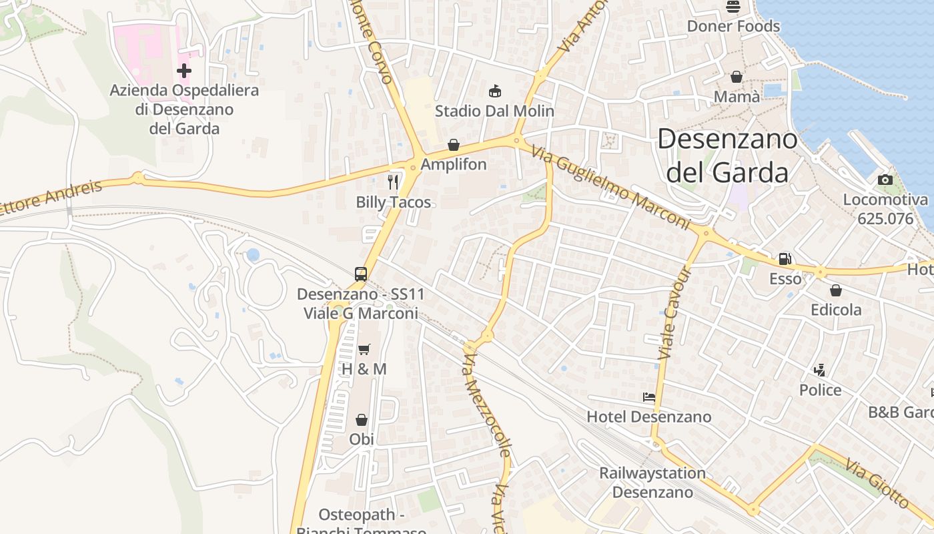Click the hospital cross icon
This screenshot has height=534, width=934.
pyautogui.click(x=184, y=70)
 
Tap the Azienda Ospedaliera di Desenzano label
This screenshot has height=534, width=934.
pyautogui.click(x=184, y=109)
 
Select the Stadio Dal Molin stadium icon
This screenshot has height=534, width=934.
pyautogui.click(x=494, y=91)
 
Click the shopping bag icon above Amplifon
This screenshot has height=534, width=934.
pyautogui.click(x=454, y=145)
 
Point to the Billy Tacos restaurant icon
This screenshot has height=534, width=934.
pyautogui.click(x=393, y=182)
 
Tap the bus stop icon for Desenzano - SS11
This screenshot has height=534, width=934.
pyautogui.click(x=361, y=274)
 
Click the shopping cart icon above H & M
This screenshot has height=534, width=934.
pyautogui.click(x=364, y=349)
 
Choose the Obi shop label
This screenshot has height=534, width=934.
pyautogui.click(x=362, y=439)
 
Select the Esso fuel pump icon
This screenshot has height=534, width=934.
pyautogui.click(x=785, y=258)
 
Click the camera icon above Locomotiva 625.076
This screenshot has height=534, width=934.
pyautogui.click(x=885, y=180)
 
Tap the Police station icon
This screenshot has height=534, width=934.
pyautogui.click(x=820, y=370)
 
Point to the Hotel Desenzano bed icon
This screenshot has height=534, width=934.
pyautogui.click(x=648, y=397)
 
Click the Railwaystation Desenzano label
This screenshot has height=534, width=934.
pyautogui.click(x=652, y=483)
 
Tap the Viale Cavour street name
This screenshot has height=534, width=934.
pyautogui.click(x=674, y=314)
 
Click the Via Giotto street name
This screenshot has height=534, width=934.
pyautogui.click(x=877, y=482)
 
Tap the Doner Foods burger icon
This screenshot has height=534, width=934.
pyautogui.click(x=733, y=7)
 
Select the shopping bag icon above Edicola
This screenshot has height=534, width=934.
pyautogui.click(x=835, y=290)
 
